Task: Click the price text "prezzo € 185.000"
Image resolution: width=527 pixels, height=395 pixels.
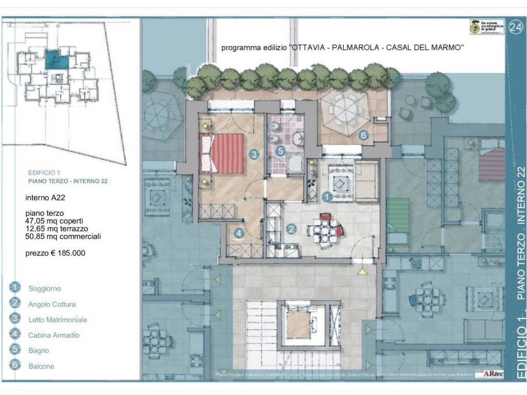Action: coord(55,253)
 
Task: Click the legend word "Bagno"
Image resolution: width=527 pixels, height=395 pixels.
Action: coord(39,351)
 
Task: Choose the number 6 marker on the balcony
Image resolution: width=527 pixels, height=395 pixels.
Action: coord(363,135)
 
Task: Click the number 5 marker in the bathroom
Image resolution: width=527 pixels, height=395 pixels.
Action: coord(280,151)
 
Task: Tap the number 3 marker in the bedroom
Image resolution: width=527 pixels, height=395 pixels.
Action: coord(254,153)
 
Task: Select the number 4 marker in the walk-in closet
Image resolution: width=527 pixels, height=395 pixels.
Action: coord(239,233)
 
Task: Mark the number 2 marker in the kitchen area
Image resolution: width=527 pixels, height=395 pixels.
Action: coord(291,229)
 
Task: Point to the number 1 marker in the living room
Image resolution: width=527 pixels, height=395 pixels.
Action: coord(326,196)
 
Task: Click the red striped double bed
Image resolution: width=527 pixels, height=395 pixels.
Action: coord(224,154)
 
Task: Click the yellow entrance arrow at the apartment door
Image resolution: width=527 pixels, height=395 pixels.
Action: coord(363,271)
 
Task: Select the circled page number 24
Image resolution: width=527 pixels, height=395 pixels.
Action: coord(515,28)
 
